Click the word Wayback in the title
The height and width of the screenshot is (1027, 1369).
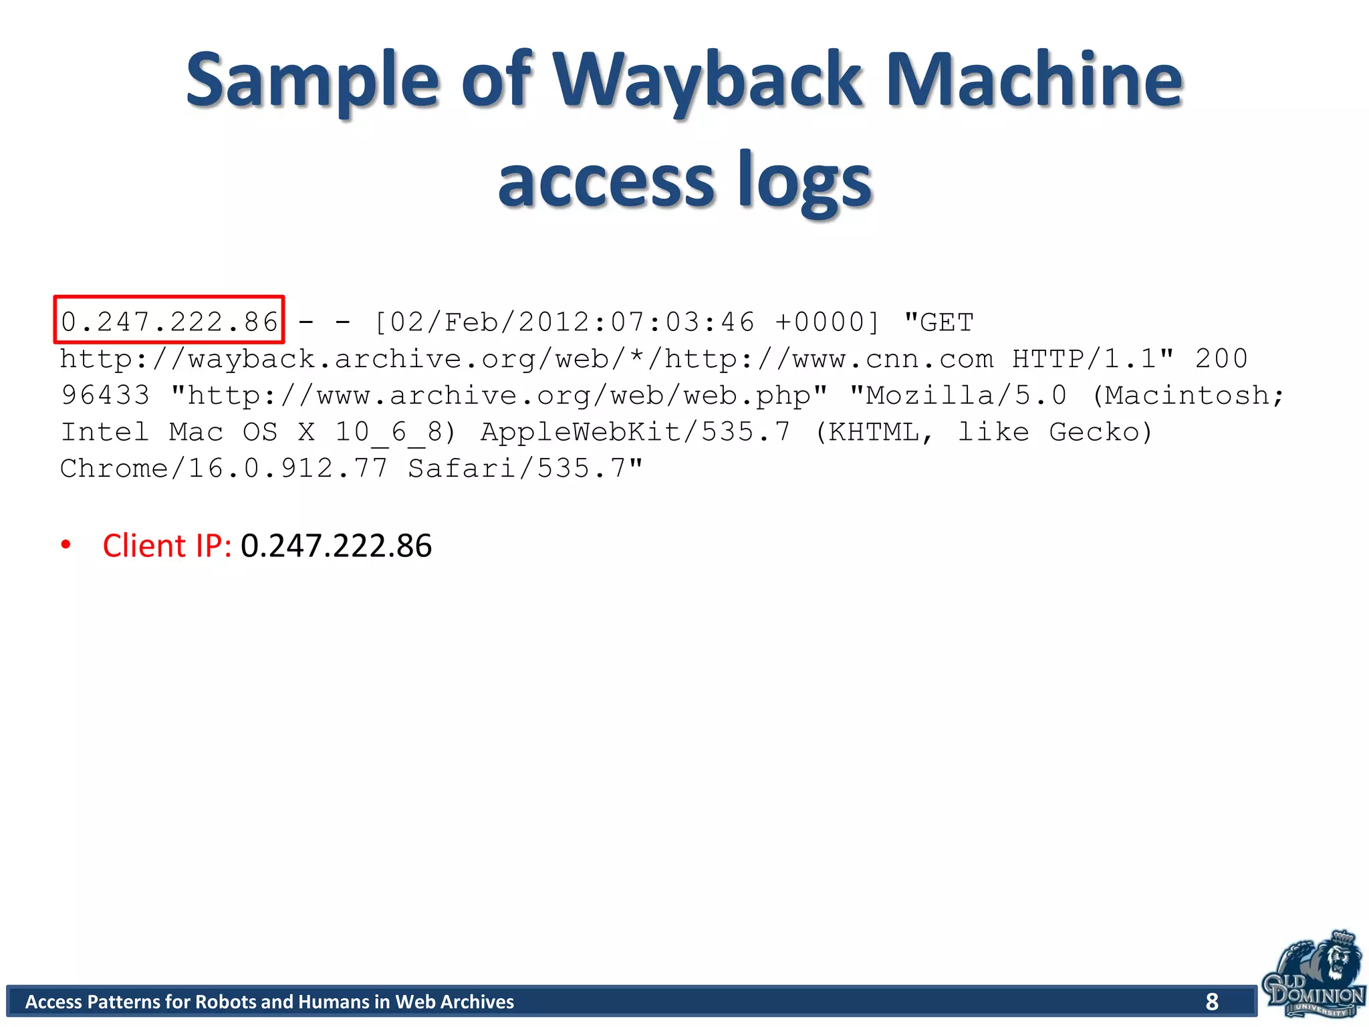click(x=709, y=82)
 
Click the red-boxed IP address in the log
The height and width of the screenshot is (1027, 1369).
click(x=169, y=322)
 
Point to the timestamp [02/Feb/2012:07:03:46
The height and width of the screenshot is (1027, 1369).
click(x=565, y=322)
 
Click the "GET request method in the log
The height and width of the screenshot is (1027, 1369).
click(x=939, y=322)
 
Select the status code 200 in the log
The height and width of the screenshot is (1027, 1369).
click(x=1221, y=359)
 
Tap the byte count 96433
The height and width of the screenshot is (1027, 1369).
click(x=105, y=395)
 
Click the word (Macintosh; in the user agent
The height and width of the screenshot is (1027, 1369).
click(x=1188, y=395)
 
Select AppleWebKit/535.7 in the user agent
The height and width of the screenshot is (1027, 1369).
click(x=635, y=432)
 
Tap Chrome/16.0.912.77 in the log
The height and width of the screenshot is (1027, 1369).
click(x=224, y=468)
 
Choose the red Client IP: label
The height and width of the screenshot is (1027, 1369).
click(x=167, y=546)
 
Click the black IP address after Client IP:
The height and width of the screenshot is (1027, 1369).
click(x=336, y=546)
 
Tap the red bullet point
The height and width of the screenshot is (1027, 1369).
click(x=66, y=544)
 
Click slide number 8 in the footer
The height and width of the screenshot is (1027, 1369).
click(x=1212, y=1002)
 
